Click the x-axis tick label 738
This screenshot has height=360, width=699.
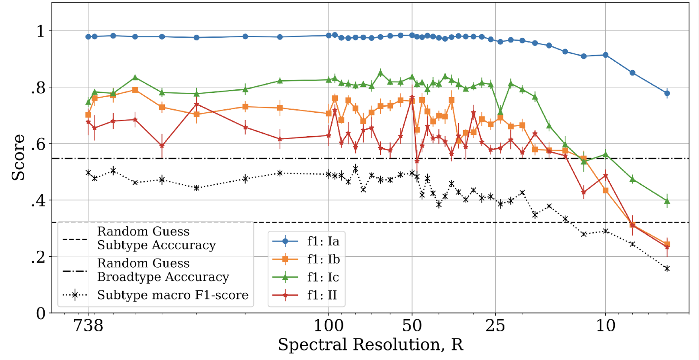pyautogui.click(x=88, y=325)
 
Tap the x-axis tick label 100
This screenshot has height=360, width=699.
pyautogui.click(x=328, y=325)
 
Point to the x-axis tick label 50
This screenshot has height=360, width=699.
pyautogui.click(x=412, y=325)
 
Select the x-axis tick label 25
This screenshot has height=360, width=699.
pyautogui.click(x=495, y=325)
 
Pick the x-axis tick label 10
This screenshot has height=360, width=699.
pyautogui.click(x=605, y=325)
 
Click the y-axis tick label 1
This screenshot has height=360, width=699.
pyautogui.click(x=41, y=31)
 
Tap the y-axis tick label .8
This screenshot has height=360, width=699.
pyautogui.click(x=38, y=88)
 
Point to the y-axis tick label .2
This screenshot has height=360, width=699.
pyautogui.click(x=38, y=257)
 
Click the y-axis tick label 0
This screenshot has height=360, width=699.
pyautogui.click(x=41, y=313)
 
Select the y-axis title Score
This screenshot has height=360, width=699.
pyautogui.click(x=18, y=157)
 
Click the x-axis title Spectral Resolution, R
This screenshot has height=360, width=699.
pyautogui.click(x=370, y=345)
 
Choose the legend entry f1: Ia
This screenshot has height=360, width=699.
pyautogui.click(x=323, y=241)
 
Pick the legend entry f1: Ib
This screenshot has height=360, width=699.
pyautogui.click(x=323, y=259)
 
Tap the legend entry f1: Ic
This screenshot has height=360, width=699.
pyautogui.click(x=323, y=277)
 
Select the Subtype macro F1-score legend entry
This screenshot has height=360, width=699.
pyautogui.click(x=173, y=295)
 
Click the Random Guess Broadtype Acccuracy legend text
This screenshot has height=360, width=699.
pyautogui.click(x=163, y=270)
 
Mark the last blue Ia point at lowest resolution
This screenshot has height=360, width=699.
pyautogui.click(x=667, y=93)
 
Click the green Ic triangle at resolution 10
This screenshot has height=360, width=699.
pyautogui.click(x=606, y=155)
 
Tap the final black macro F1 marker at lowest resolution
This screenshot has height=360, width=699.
pyautogui.click(x=667, y=269)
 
